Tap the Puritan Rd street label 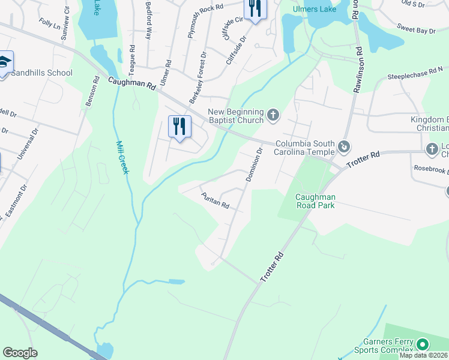pyautogui.click(x=215, y=201)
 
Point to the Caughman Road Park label pyautogui.click(x=315, y=200)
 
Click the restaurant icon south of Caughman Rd pyautogui.click(x=179, y=127)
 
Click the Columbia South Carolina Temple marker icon pyautogui.click(x=344, y=146)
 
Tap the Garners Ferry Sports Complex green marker pyautogui.click(x=423, y=344)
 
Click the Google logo pyautogui.click(x=20, y=353)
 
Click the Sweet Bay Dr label pyautogui.click(x=414, y=28)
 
